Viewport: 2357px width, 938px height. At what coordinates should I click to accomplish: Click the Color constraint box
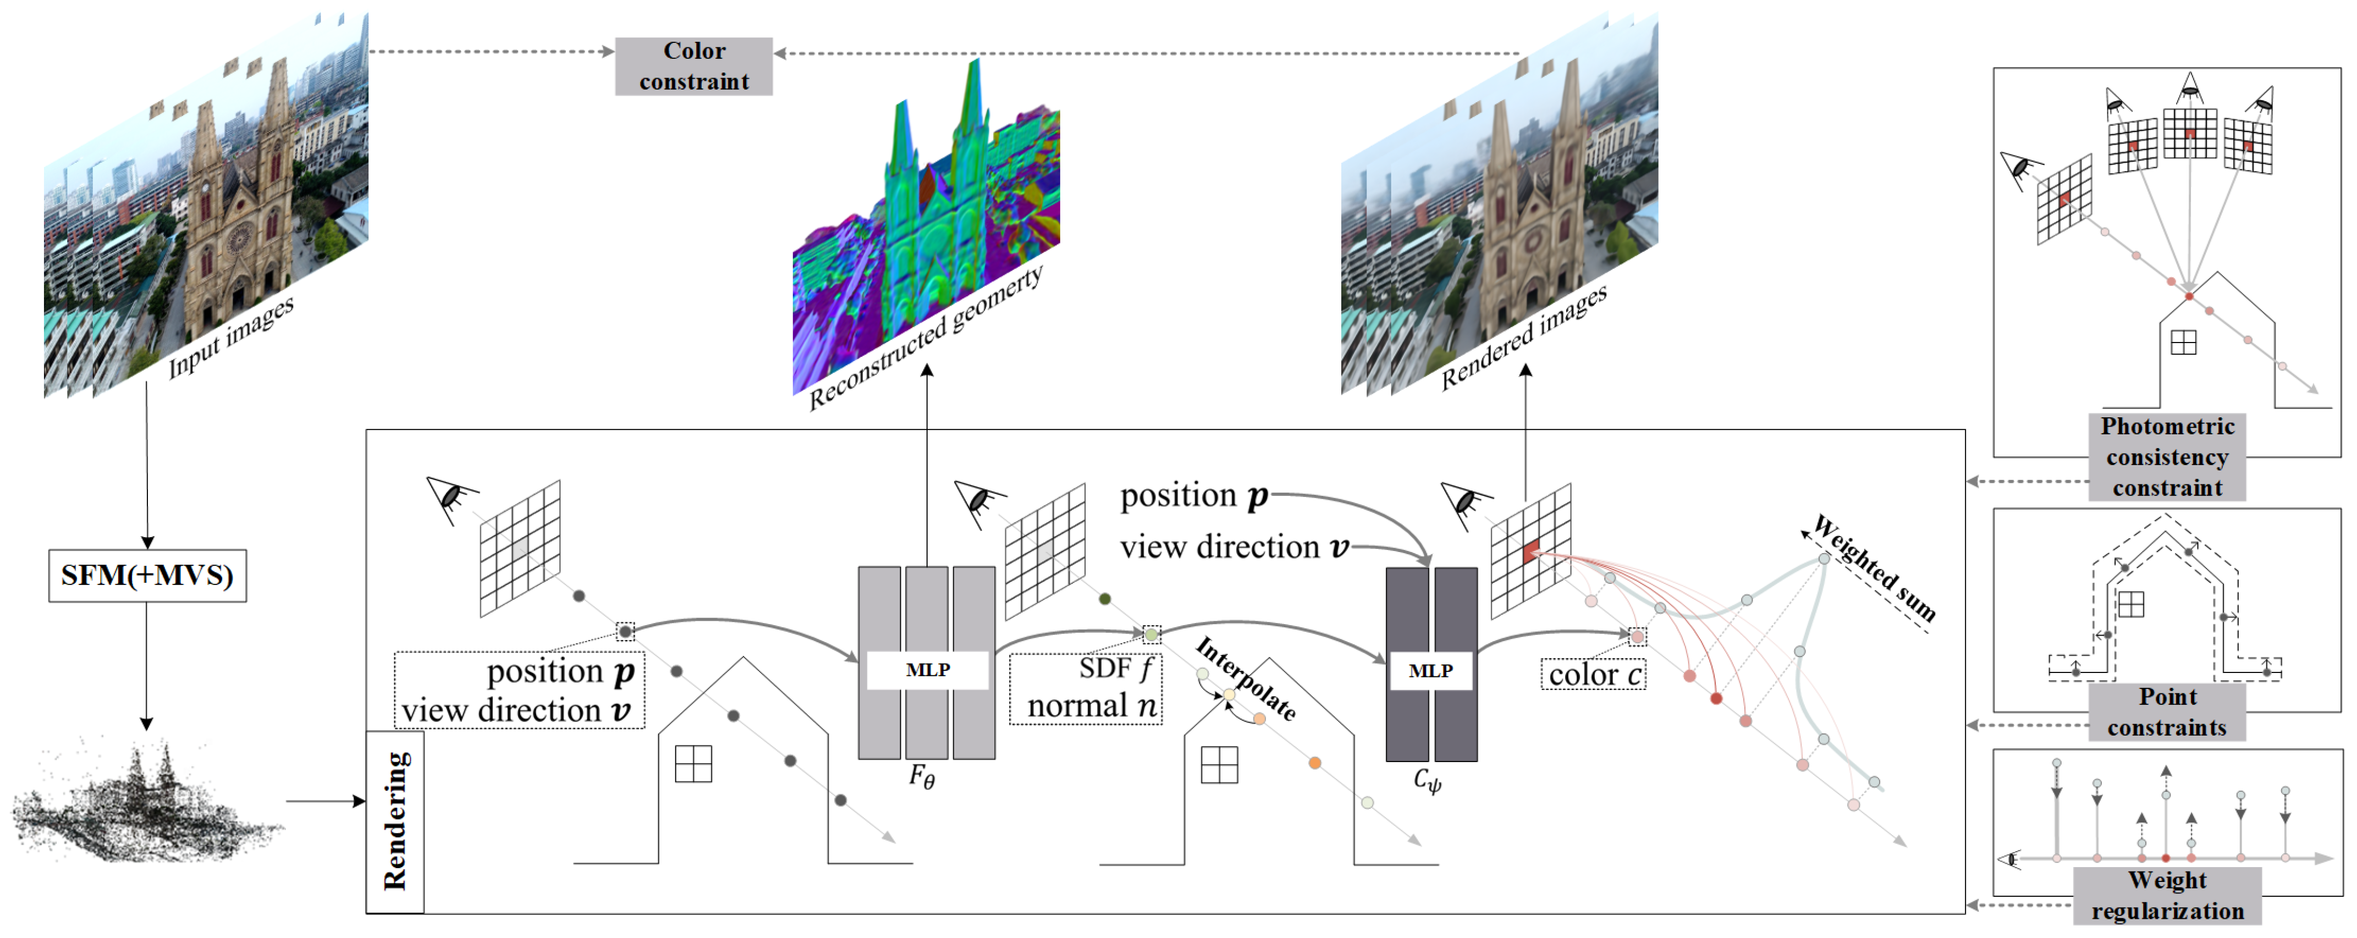click(x=693, y=66)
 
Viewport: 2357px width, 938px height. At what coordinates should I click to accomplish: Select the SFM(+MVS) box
click(x=147, y=576)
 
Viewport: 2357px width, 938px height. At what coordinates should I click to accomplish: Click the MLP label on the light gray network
click(x=927, y=670)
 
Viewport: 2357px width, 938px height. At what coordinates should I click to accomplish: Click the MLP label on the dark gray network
click(x=1430, y=671)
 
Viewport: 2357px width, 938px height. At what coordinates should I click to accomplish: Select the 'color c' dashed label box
click(x=1593, y=675)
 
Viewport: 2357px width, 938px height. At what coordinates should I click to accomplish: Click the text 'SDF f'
click(x=1116, y=668)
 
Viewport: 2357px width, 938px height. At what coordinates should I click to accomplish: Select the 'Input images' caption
click(x=232, y=336)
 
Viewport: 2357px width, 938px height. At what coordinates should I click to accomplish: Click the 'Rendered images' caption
click(x=1523, y=336)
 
